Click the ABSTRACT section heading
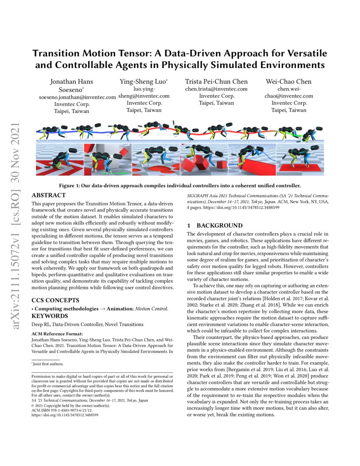(x=49, y=195)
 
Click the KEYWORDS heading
(x=50, y=316)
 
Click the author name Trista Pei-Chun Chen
(x=216, y=82)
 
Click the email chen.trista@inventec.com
(x=216, y=89)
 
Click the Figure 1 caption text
(x=180, y=186)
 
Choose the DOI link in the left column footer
(x=65, y=416)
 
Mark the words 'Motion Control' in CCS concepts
(x=151, y=309)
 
